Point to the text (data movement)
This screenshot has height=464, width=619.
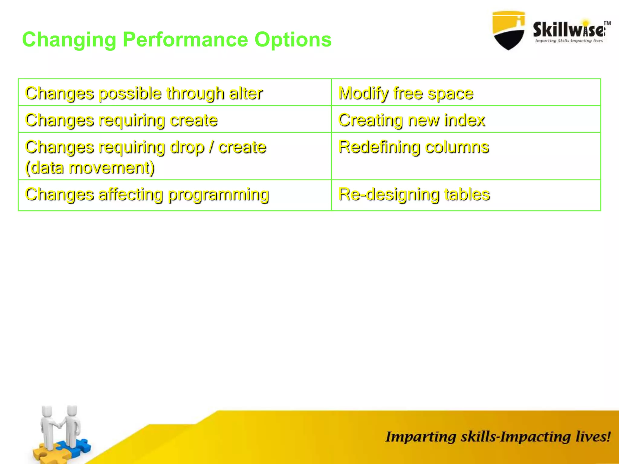pos(90,168)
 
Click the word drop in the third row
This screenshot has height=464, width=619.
pos(187,148)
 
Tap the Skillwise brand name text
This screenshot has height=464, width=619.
pos(568,30)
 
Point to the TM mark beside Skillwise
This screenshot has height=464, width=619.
pos(607,23)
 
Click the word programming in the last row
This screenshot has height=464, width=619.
pos(218,195)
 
